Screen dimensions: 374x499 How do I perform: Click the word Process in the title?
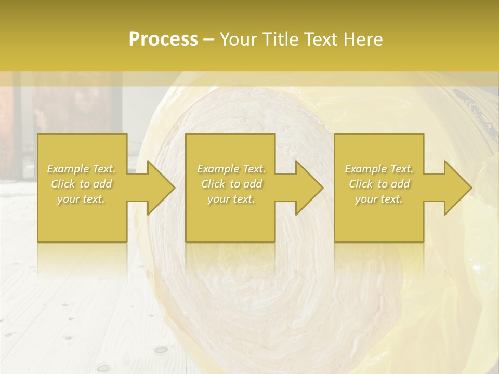[x=163, y=39]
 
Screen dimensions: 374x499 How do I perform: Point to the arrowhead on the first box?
[x=159, y=188]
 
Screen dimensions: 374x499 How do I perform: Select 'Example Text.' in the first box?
[x=81, y=169]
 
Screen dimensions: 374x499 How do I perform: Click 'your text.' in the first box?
[x=81, y=199]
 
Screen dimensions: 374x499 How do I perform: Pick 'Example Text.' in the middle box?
[x=231, y=169]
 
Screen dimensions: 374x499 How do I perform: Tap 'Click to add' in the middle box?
[x=231, y=184]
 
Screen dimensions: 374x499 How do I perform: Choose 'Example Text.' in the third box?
[x=379, y=169]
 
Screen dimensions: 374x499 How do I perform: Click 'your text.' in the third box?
[x=379, y=199]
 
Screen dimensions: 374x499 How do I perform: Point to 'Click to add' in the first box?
[x=81, y=184]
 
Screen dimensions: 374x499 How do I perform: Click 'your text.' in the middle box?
[x=231, y=199]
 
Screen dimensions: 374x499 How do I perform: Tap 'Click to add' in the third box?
[x=379, y=184]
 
